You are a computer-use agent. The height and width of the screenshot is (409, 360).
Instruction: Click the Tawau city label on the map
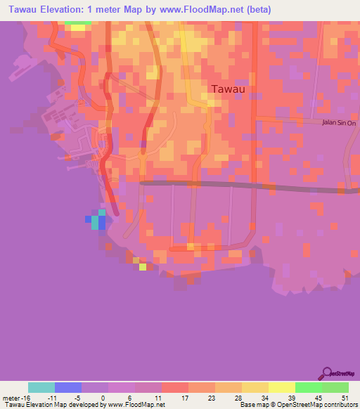point(229,89)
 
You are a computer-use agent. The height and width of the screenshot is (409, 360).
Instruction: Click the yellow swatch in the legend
point(281,387)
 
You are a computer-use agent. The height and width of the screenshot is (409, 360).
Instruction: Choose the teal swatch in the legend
point(41,387)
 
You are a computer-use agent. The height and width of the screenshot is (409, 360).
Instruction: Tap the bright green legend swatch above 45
point(308,387)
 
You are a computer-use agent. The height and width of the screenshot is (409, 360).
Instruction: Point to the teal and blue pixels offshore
point(98,221)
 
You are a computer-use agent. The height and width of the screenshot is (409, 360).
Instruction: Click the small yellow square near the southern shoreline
point(143,266)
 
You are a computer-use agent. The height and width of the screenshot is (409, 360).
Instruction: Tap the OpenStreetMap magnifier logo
point(326,373)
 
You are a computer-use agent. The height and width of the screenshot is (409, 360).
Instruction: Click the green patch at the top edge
point(77,22)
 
